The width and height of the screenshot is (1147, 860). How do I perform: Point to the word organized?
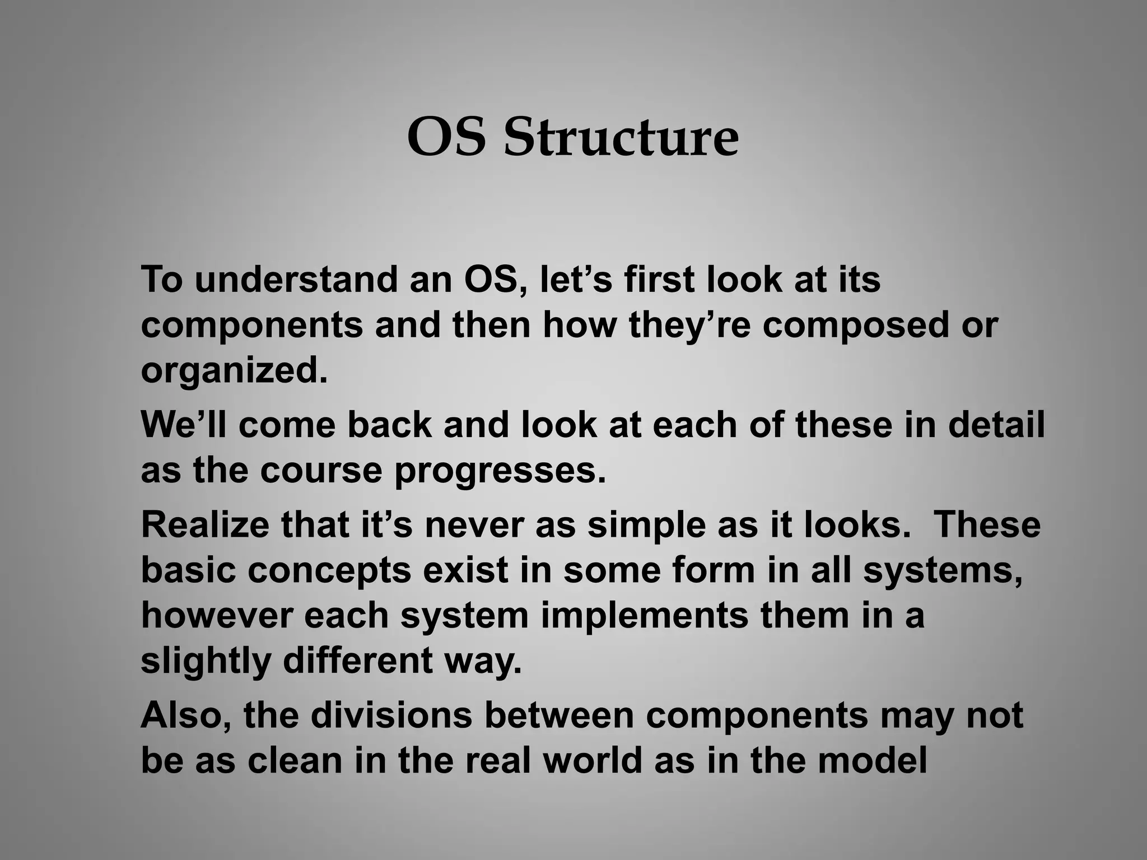pyautogui.click(x=234, y=371)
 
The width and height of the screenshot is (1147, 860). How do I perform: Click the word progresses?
pyautogui.click(x=500, y=470)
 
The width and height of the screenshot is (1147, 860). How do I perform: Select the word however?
pyautogui.click(x=217, y=615)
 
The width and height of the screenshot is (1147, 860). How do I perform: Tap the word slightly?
pyautogui.click(x=206, y=661)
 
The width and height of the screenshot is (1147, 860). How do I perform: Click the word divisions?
pyautogui.click(x=391, y=715)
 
